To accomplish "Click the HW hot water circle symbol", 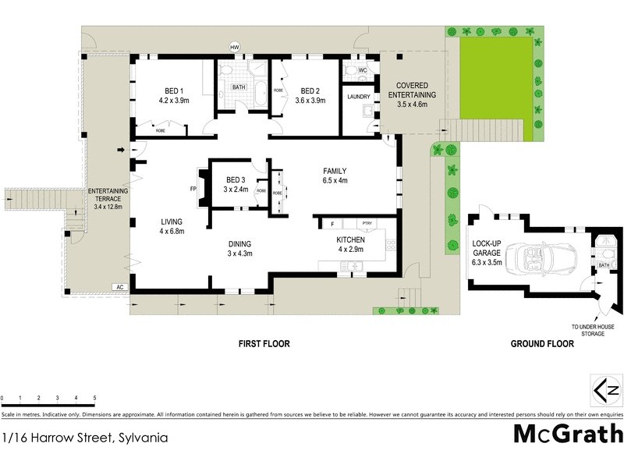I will coord(233,48).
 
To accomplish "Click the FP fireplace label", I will coord(193,189).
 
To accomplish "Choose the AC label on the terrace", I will coord(119,287).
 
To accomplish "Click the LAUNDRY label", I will coord(358,97).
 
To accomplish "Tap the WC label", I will coord(363,70).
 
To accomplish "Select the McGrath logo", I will coord(568,434).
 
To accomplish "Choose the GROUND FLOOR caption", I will coord(542,344).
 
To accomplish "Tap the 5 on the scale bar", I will coord(94,398).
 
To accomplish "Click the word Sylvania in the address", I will coord(142,438).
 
